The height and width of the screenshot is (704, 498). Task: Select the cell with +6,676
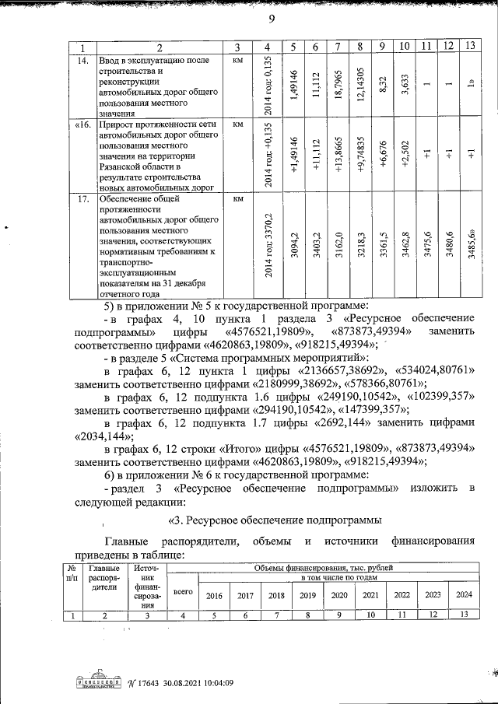click(382, 155)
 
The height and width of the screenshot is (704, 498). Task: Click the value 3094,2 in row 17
click(293, 247)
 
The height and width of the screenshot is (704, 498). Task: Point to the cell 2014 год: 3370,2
click(268, 247)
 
